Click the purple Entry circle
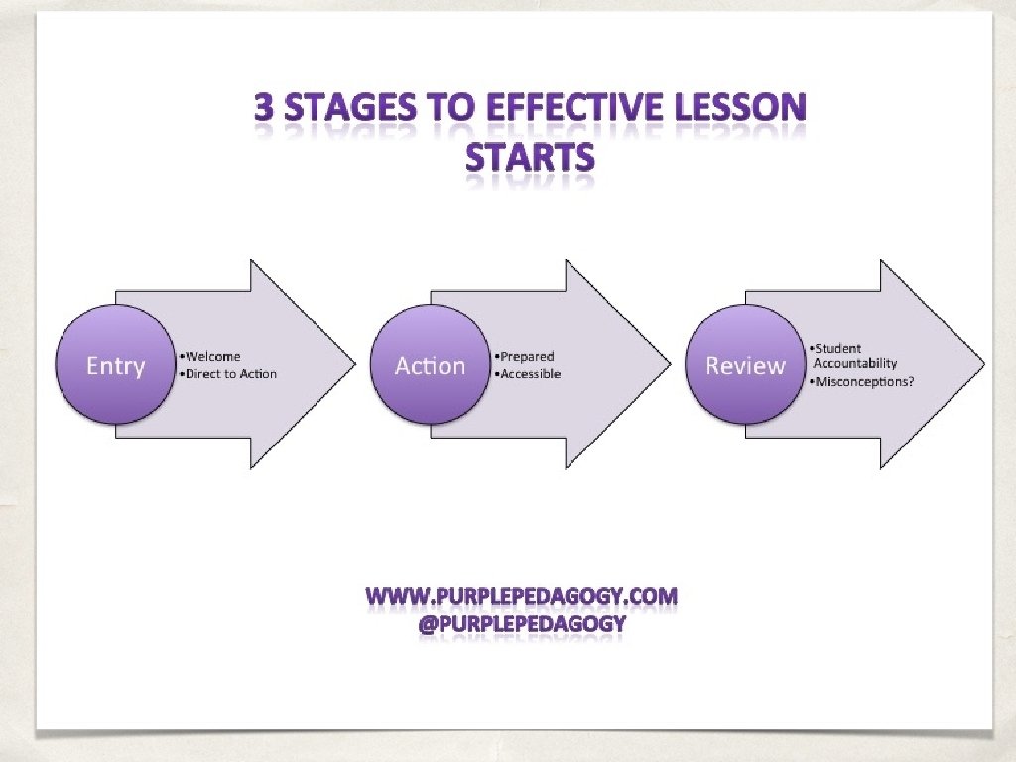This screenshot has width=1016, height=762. [115, 364]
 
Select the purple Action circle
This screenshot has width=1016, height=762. [430, 364]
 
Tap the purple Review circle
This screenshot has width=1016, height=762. [744, 364]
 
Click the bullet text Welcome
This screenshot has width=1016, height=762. [210, 356]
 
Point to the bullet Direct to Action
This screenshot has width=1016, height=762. [228, 374]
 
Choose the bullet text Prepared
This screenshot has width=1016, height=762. [525, 356]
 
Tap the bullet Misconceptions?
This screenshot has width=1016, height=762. [860, 382]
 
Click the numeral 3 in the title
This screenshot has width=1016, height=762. [264, 108]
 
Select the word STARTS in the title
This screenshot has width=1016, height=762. [531, 157]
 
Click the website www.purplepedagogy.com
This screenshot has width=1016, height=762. [522, 597]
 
